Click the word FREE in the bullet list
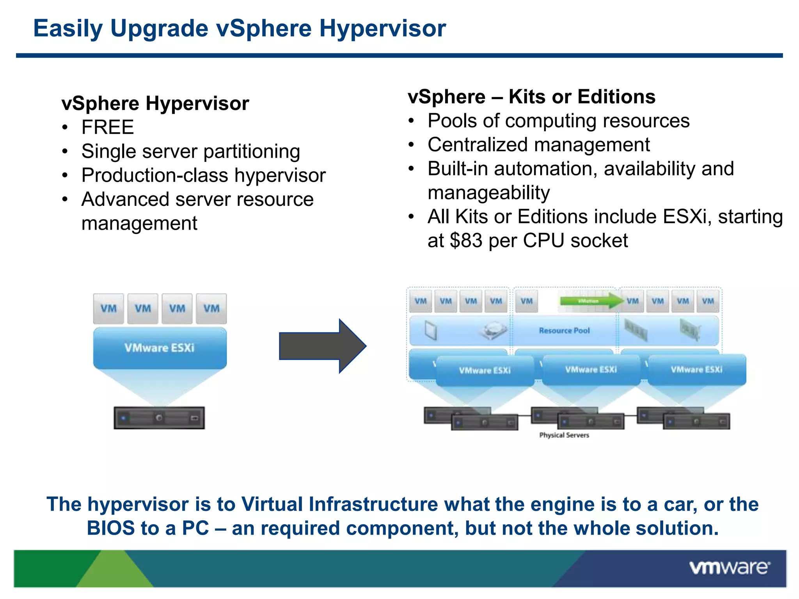coord(108,128)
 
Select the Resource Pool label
coord(564,331)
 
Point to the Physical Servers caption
coord(564,435)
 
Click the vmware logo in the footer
coord(729,567)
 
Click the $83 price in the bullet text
coord(466,241)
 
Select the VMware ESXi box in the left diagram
coord(160,348)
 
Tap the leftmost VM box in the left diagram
coord(108,308)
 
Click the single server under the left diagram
coord(159,418)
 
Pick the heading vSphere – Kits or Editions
coord(531,97)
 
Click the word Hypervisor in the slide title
coord(382,28)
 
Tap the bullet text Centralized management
coord(538,145)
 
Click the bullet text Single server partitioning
coord(190,151)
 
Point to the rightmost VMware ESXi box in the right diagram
coord(697,370)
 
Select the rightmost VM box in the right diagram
coord(708,301)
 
